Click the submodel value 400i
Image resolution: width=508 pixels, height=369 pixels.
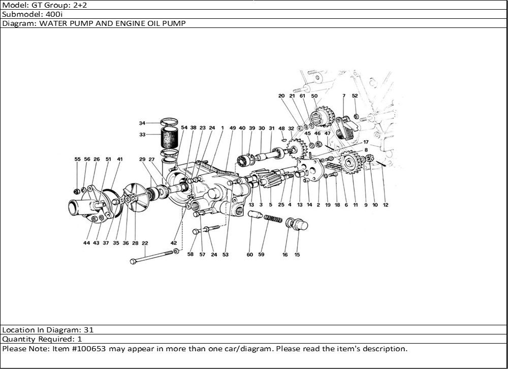click(54, 14)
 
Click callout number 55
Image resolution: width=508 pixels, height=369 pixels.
click(78, 159)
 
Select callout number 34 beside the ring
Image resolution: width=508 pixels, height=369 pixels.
click(142, 123)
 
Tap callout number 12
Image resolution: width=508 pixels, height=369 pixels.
click(386, 205)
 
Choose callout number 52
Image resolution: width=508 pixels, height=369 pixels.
click(355, 96)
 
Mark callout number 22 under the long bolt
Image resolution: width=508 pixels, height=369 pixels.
click(145, 243)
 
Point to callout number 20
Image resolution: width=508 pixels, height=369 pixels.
click(281, 96)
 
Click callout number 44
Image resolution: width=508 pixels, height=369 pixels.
click(87, 243)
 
